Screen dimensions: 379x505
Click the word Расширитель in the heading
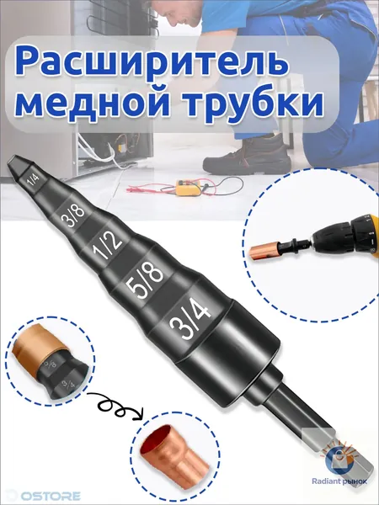152,62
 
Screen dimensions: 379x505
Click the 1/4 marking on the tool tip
33,181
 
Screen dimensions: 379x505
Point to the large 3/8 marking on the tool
72,215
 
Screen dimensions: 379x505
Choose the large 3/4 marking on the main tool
191,317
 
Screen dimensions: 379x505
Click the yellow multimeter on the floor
187,188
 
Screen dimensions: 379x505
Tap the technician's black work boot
247,157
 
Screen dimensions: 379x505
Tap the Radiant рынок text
339,481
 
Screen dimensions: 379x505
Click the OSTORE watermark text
51,496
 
